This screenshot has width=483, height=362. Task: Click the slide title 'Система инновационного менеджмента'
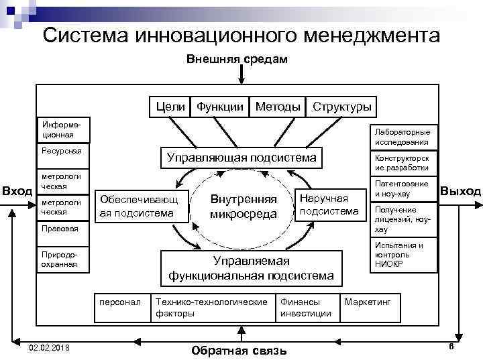click(241, 35)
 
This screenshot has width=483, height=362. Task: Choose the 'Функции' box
click(220, 107)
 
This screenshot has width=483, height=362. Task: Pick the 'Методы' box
click(278, 107)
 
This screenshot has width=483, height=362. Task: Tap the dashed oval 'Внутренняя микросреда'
click(243, 206)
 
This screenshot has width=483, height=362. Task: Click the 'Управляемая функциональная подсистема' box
click(250, 268)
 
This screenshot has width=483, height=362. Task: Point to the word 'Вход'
click(17, 192)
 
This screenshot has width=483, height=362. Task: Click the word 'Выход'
click(460, 192)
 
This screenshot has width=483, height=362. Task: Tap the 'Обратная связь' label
click(238, 351)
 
